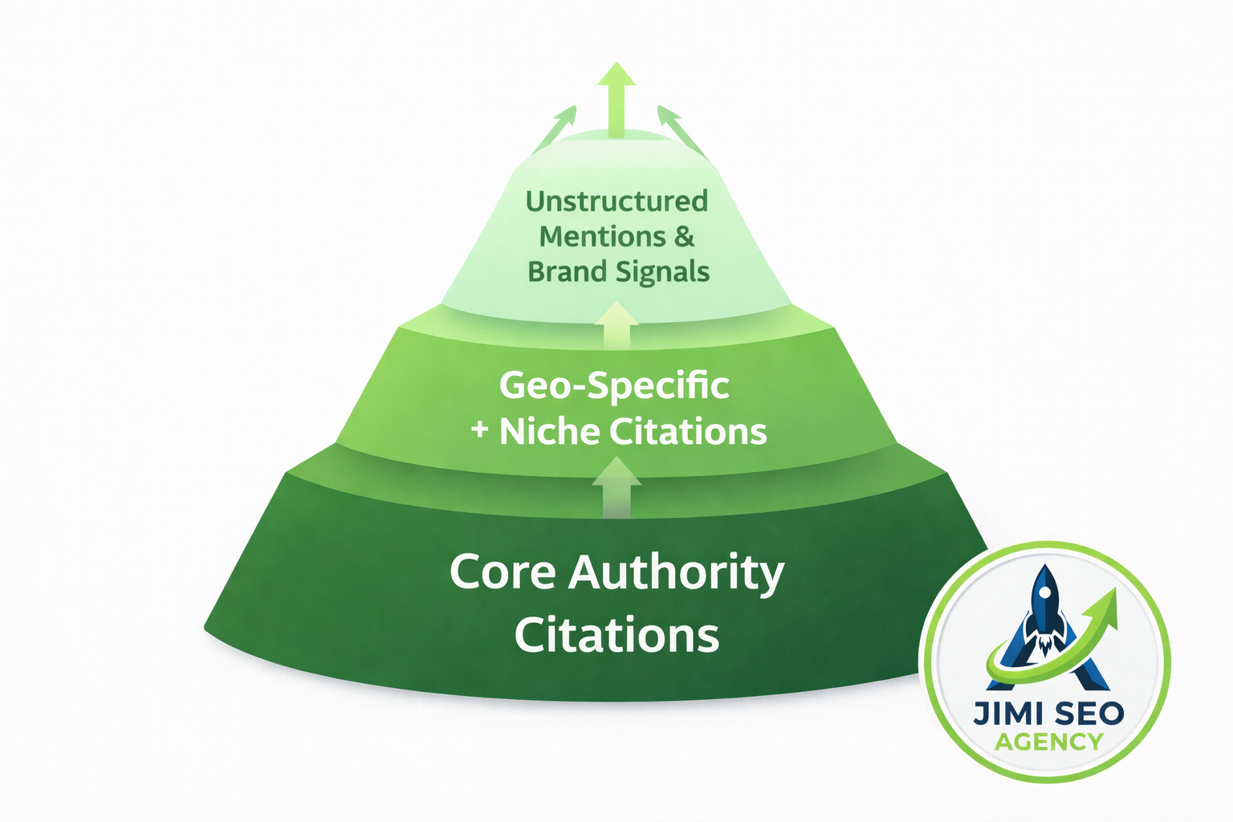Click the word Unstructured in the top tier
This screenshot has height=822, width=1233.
click(x=616, y=201)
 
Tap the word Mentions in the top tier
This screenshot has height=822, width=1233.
click(x=602, y=237)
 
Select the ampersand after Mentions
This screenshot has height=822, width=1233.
click(x=684, y=237)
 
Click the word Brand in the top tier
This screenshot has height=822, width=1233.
click(x=567, y=272)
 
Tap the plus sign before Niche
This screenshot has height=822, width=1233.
click(x=479, y=430)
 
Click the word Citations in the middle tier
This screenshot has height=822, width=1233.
click(x=688, y=432)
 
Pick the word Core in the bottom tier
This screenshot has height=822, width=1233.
click(x=503, y=572)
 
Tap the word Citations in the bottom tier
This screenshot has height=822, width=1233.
click(x=616, y=635)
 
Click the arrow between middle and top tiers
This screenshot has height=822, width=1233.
click(x=616, y=324)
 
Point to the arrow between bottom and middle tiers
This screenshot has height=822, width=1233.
click(x=616, y=486)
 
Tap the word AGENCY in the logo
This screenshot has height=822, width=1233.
click(x=1048, y=742)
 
